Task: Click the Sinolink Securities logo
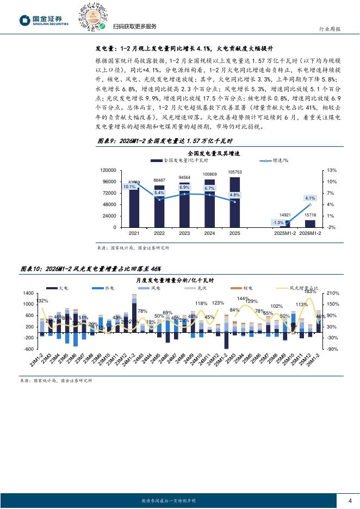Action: (44, 21)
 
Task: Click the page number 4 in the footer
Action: (350, 501)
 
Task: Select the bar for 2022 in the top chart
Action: (159, 206)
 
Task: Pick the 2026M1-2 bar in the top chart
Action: (310, 224)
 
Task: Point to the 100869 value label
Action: (209, 174)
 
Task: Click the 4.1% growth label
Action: (311, 198)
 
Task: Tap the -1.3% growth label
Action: (278, 222)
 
